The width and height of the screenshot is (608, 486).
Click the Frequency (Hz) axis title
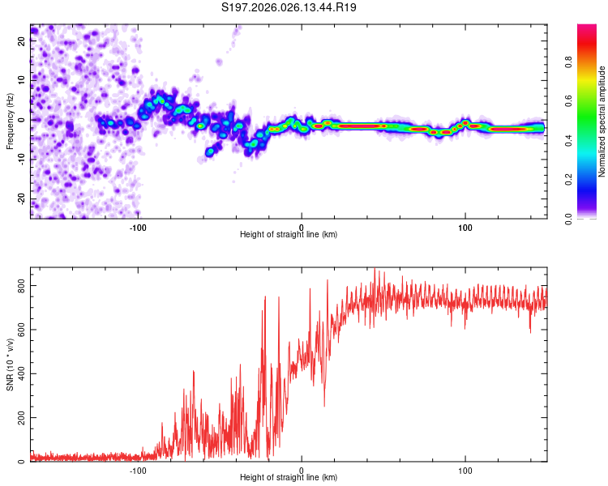(x=10, y=119)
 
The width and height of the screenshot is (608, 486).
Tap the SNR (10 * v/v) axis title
(x=10, y=366)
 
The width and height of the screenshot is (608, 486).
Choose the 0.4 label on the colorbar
(x=592, y=140)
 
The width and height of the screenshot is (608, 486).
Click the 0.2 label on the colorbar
(x=592, y=180)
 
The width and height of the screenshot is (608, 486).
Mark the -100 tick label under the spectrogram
(x=138, y=227)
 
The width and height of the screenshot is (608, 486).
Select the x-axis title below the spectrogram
(x=289, y=235)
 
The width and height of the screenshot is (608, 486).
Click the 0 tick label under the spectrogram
(x=302, y=227)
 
